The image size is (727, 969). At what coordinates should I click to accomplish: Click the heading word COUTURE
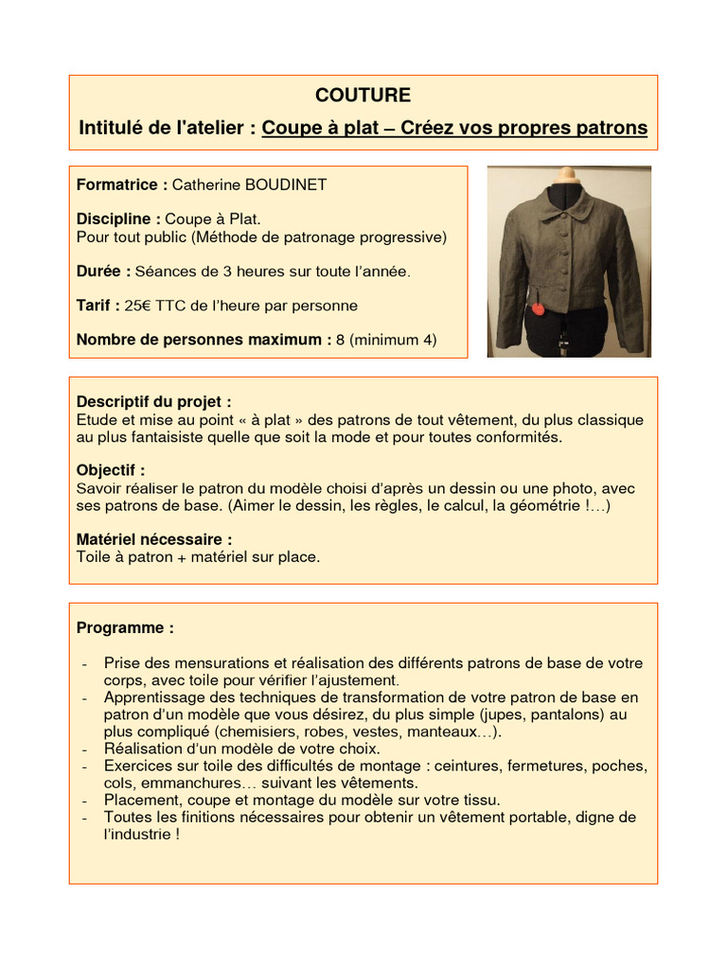[363, 96]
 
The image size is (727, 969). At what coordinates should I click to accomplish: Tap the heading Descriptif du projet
[153, 401]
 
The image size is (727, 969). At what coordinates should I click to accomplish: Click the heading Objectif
[111, 470]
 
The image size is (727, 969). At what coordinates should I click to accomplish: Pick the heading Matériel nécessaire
[154, 539]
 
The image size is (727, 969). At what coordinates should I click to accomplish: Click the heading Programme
[125, 627]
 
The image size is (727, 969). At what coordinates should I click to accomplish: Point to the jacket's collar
[567, 200]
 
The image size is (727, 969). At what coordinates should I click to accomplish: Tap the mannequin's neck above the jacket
[567, 176]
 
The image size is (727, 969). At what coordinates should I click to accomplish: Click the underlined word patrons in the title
[612, 128]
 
